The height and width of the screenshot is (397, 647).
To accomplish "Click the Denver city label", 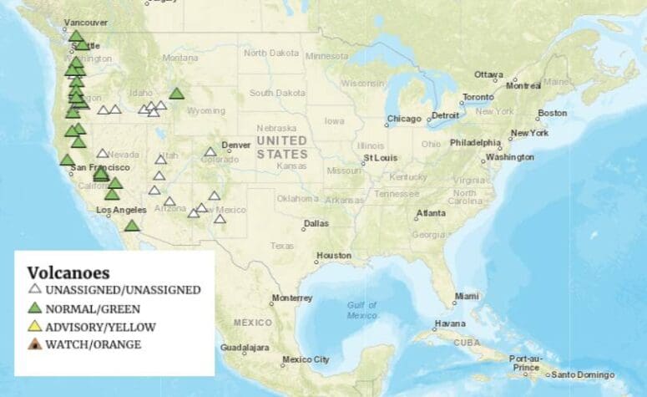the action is click(236, 145).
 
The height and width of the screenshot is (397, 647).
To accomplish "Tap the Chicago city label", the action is click(404, 119).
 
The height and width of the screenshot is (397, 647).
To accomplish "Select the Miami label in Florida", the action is click(468, 296).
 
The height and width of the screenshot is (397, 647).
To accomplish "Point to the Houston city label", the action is click(334, 256).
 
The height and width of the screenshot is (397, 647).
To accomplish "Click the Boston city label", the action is click(552, 113).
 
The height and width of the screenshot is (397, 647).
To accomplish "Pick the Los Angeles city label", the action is click(122, 210).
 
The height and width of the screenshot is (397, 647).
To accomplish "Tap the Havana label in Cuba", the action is click(449, 324).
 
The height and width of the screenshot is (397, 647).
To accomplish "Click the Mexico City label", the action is click(306, 360).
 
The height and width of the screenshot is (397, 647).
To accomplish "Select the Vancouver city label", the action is click(85, 22).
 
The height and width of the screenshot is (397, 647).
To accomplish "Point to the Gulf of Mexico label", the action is click(362, 309).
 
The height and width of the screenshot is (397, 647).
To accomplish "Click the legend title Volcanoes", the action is click(68, 272).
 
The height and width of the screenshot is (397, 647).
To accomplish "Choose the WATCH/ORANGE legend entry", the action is click(94, 344).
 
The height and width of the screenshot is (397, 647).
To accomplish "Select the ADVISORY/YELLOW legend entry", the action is click(100, 326).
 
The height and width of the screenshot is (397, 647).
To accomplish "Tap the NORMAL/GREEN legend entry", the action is click(94, 308).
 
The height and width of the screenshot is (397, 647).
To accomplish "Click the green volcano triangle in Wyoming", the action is click(176, 94).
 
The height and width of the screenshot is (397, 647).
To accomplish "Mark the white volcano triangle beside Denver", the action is click(210, 152).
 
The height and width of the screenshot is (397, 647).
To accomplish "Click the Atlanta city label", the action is click(431, 213).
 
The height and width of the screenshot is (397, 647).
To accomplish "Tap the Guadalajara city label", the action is click(244, 347).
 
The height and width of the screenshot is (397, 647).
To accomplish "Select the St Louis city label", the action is click(380, 158).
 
